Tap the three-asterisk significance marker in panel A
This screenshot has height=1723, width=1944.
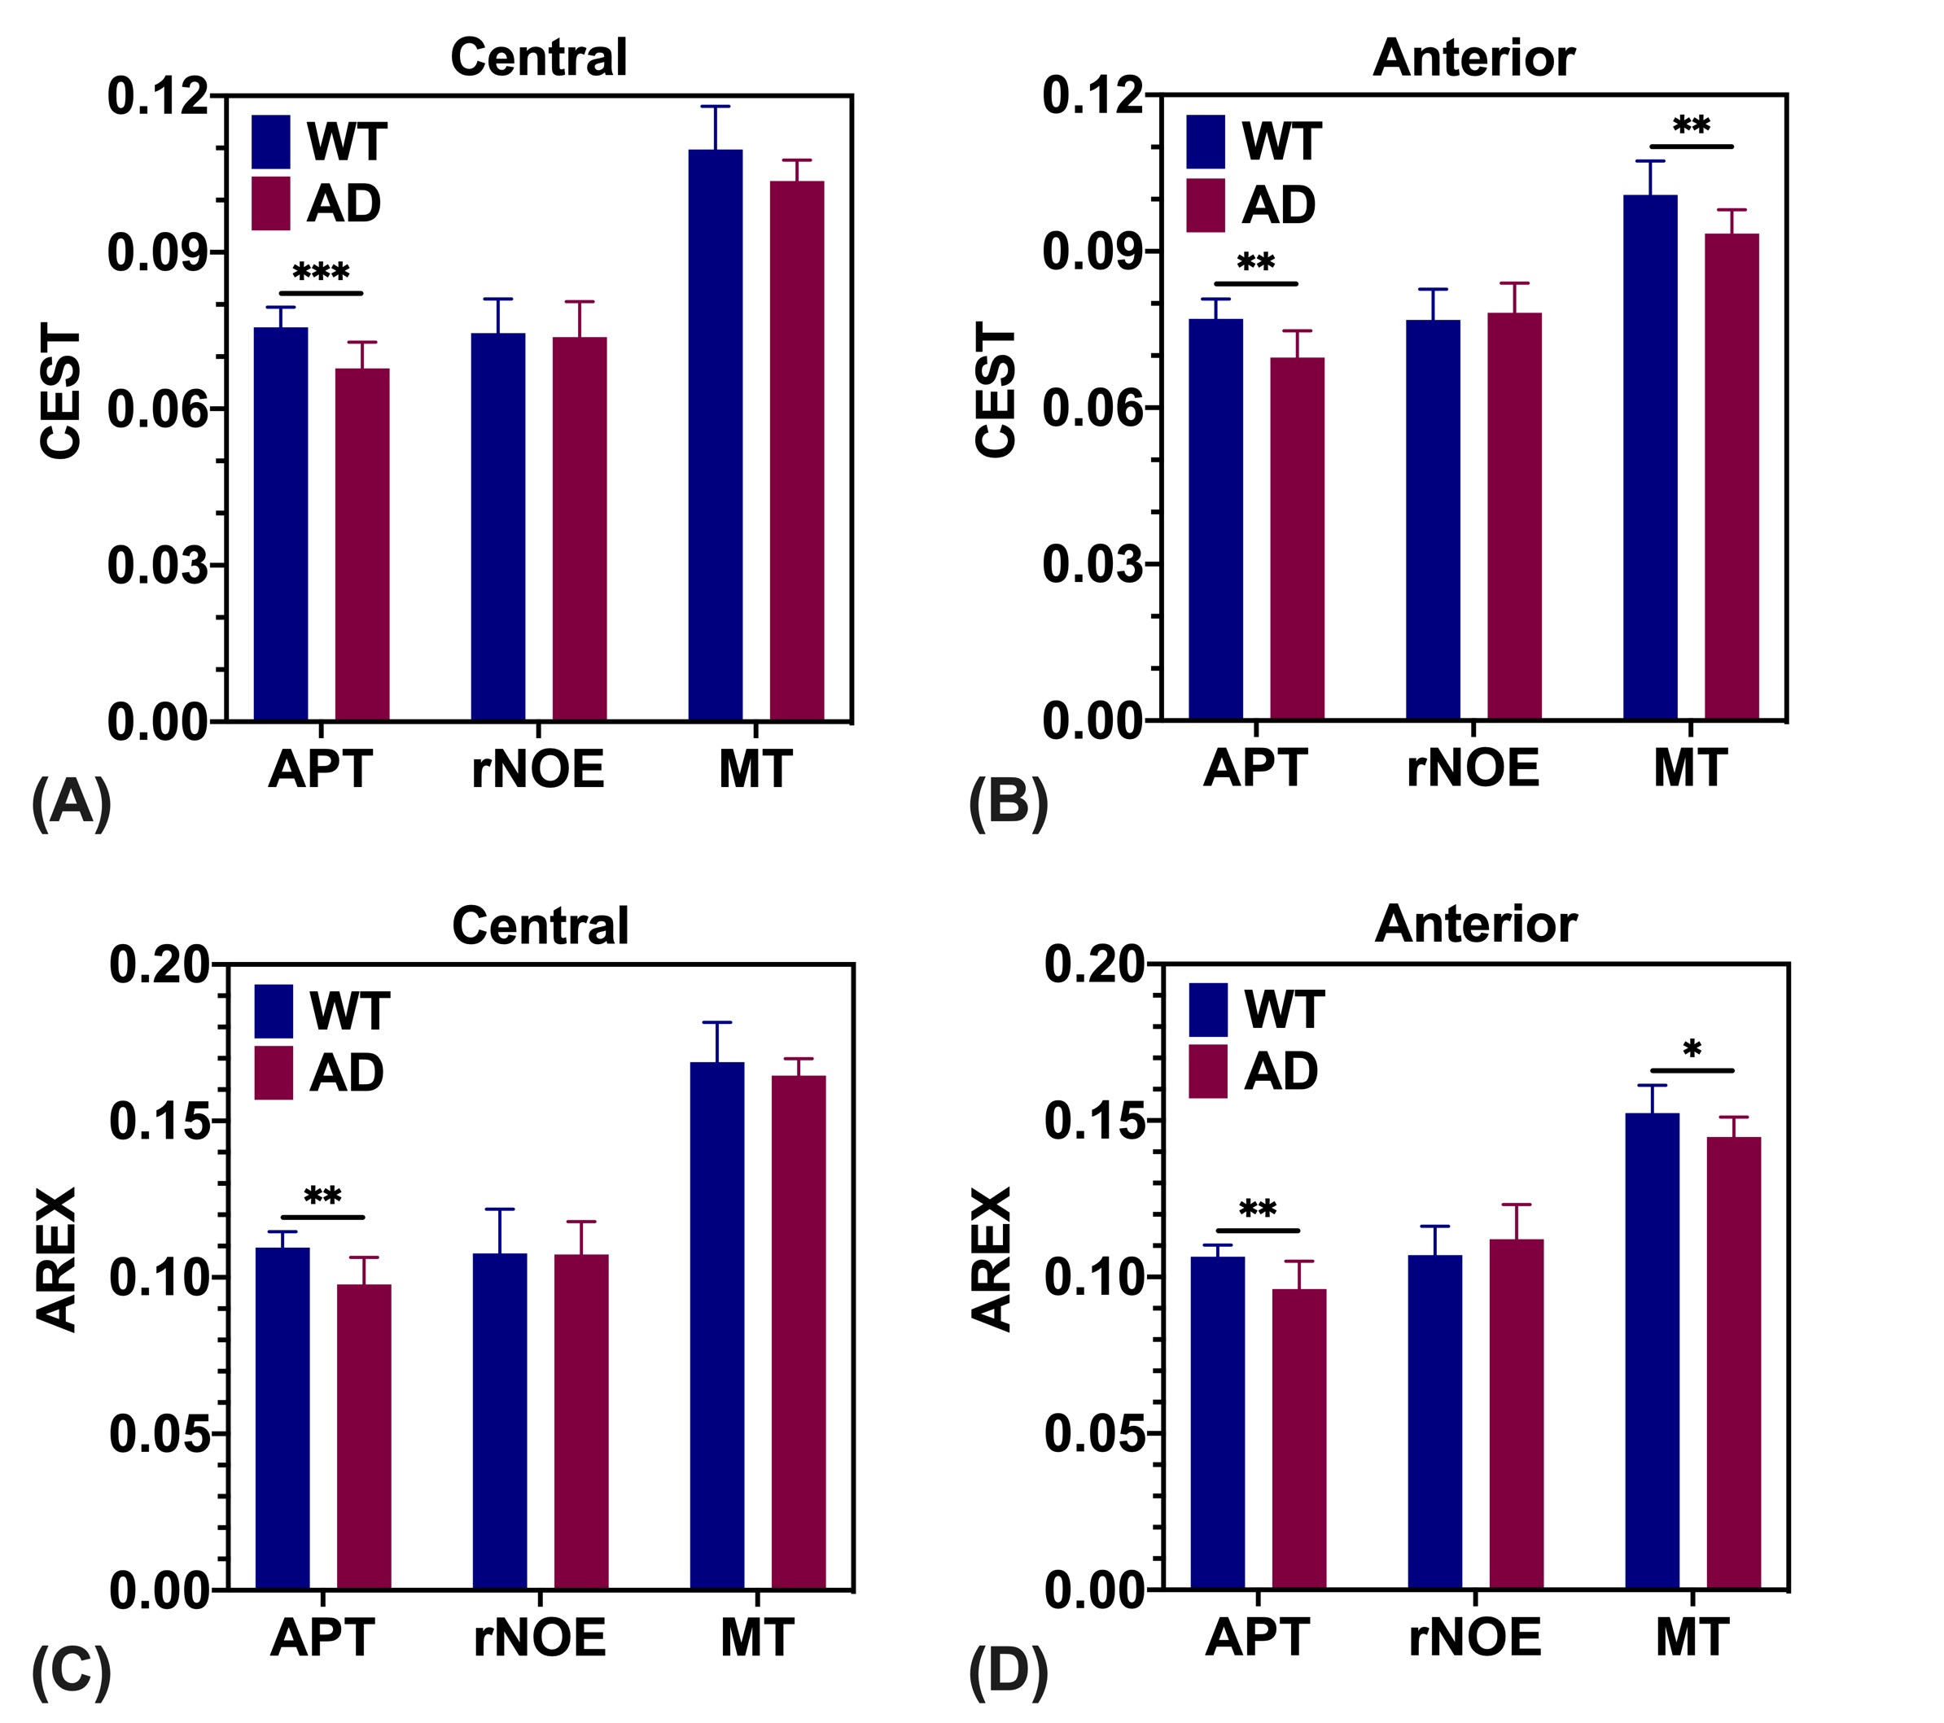(321, 273)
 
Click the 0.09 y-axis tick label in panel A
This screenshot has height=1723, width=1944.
(157, 253)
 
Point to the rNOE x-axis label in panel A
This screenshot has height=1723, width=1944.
(538, 769)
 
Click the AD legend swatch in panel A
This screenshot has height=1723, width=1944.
(270, 203)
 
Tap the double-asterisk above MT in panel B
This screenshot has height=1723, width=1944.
(1691, 125)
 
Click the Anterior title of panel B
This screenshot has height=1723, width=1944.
(1473, 58)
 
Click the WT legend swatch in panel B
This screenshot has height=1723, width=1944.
(1205, 142)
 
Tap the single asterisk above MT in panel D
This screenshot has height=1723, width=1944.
(1691, 1051)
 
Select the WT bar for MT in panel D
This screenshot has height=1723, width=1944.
(1652, 1350)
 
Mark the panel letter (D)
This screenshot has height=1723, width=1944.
(1008, 1673)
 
